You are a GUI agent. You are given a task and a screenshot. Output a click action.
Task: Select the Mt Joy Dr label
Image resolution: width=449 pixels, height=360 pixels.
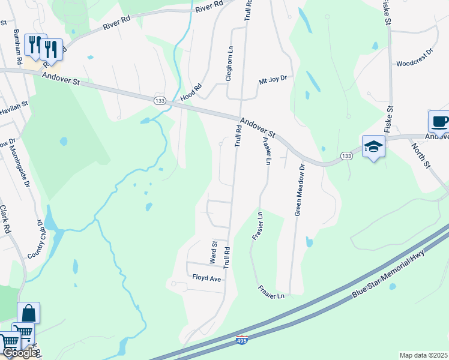click(273, 79)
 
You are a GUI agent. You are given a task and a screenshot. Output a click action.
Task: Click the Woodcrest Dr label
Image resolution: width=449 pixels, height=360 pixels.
click(414, 63)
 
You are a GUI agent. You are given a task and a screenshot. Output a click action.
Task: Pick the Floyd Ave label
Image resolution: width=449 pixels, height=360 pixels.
click(207, 278)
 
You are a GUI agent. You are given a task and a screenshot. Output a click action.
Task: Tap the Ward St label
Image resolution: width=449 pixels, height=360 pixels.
click(213, 253)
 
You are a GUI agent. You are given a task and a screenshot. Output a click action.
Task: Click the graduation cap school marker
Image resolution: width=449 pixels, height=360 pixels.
click(373, 146)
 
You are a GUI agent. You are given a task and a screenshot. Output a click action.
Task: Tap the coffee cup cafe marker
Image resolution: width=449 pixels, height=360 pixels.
click(439, 121)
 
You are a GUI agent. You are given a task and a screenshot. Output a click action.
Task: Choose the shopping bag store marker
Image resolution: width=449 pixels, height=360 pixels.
click(28, 313)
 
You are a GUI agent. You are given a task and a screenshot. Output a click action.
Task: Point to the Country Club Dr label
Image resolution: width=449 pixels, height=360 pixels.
click(36, 239)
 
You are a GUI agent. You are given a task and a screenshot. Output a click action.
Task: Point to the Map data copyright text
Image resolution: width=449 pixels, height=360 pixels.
click(423, 355)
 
